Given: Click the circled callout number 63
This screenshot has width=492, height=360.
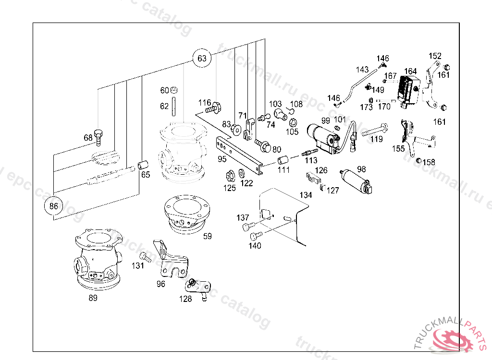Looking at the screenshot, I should coord(202,59).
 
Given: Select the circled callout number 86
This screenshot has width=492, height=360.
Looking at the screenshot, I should coord(53,207).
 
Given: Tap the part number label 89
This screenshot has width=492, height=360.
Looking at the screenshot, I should coord(93,298).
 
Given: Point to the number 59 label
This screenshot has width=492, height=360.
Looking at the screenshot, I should coord(207,236).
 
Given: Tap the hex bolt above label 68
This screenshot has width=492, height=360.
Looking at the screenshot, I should coord(99,136).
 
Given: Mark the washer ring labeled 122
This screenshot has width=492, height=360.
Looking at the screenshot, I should coord(241,173).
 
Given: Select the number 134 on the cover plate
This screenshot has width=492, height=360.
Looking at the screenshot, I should coord(306,195).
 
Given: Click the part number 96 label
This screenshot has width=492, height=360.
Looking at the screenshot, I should coord(161,284).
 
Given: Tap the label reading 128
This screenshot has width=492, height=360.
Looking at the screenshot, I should coord(185,299).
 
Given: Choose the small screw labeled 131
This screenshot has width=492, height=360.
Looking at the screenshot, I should coord(143,254).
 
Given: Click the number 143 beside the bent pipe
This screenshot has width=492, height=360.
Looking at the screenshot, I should coord(362,70).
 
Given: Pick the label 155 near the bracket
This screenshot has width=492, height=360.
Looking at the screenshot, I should coord(398,149).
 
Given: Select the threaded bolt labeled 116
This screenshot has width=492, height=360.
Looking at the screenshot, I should coord(213,108).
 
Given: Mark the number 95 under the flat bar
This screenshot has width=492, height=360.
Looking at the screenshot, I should coord(222,159).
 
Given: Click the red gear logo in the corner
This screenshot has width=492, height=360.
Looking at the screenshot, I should coord(451,338).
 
